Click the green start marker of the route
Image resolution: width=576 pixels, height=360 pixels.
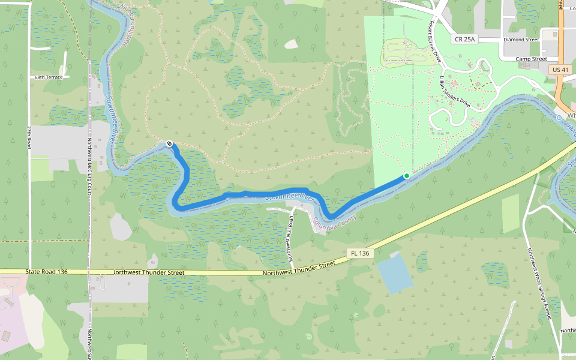click(x=407, y=176)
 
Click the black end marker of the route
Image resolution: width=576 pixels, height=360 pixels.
click(x=170, y=143)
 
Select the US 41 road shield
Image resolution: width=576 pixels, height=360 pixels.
click(x=560, y=70)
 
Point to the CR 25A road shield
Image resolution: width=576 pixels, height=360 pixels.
click(x=464, y=40)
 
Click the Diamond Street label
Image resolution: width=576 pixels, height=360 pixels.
click(x=521, y=40)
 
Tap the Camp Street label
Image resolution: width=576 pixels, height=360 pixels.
click(x=531, y=59)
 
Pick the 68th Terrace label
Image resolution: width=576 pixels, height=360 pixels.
click(x=48, y=77)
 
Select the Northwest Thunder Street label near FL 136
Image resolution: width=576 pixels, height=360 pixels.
click(x=299, y=269)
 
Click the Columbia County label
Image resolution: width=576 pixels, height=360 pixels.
click(x=334, y=223)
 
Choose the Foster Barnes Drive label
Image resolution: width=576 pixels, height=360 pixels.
click(x=434, y=42)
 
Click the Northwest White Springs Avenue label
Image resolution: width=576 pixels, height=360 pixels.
click(x=538, y=284)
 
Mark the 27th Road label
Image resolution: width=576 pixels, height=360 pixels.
click(x=28, y=137)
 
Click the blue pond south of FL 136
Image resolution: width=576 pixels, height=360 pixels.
click(x=394, y=273)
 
